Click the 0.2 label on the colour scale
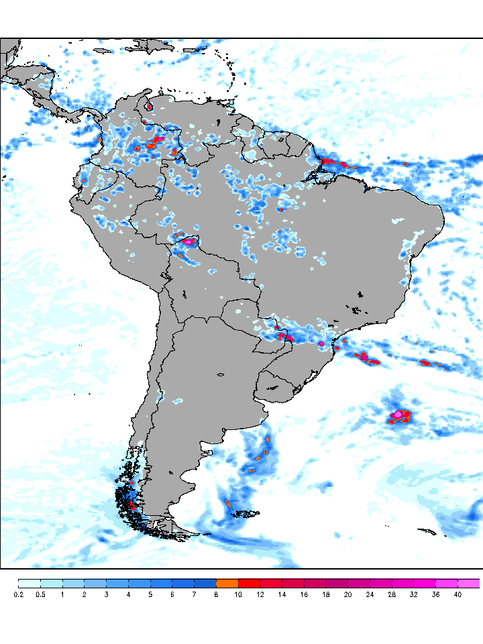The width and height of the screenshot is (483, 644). [x=18, y=594]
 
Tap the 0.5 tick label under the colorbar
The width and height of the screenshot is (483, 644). [x=40, y=594]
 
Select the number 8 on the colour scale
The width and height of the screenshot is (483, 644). [x=216, y=594]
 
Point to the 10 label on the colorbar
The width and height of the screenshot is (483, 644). [x=238, y=594]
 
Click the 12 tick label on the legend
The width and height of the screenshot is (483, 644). [x=260, y=594]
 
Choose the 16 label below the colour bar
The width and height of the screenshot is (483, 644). [x=304, y=594]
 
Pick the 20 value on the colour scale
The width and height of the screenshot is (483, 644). [x=347, y=594]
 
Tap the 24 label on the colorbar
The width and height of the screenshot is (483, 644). [x=370, y=594]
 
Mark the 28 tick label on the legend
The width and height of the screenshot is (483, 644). [x=392, y=594]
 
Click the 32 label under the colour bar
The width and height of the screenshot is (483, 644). [x=413, y=594]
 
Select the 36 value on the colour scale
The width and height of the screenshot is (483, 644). [x=435, y=594]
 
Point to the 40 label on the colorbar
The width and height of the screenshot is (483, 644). [x=458, y=594]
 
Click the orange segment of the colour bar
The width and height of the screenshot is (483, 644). [x=227, y=583]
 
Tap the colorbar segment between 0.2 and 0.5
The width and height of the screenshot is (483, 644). [x=29, y=583]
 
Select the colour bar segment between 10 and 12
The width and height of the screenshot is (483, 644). [x=249, y=583]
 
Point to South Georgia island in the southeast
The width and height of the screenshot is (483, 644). [x=427, y=531]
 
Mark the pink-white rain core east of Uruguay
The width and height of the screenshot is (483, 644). [x=398, y=415]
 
